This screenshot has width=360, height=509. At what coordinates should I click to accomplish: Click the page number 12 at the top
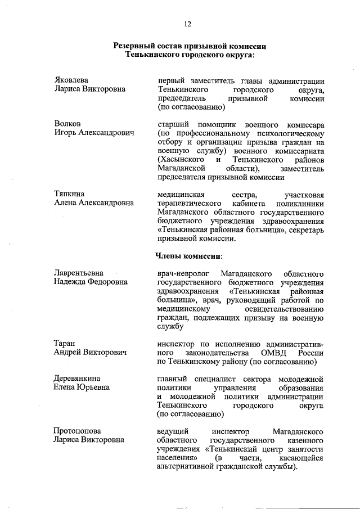187,24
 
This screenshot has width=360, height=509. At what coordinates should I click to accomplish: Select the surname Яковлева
71,80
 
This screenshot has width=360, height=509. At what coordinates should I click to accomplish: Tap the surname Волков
67,123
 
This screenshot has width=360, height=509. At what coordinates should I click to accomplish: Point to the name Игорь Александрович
94,132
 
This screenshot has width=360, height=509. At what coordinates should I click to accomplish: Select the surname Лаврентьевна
79,273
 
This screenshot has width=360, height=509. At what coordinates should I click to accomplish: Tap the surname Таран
65,343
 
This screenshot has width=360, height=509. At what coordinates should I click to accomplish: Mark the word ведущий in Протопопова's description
172,431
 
